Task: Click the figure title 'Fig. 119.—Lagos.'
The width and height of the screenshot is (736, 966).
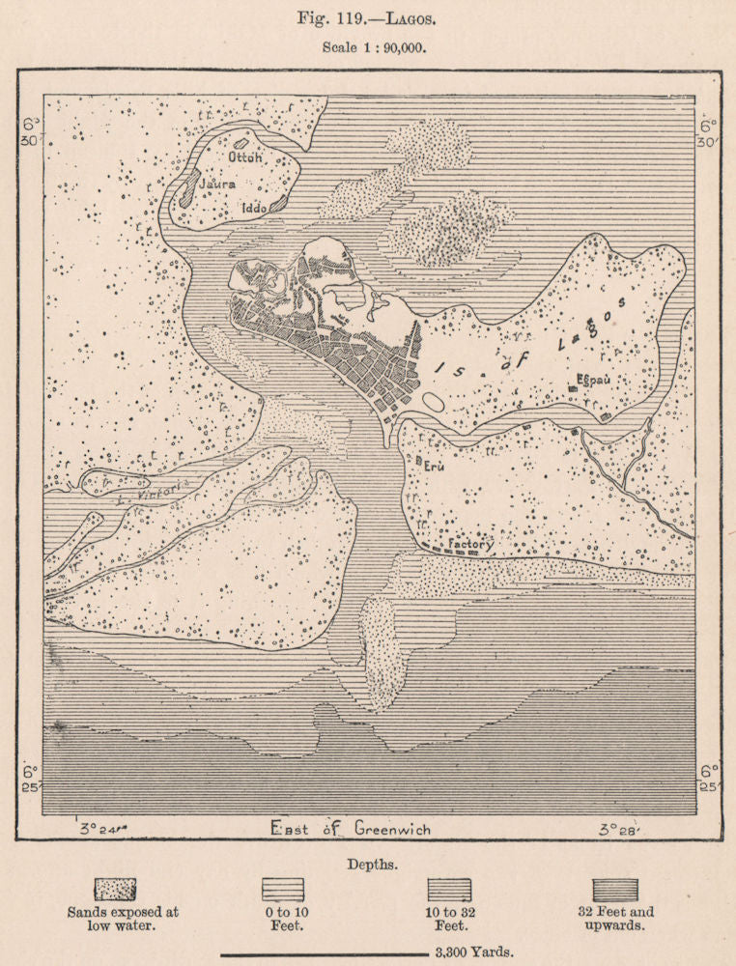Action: [x=367, y=17]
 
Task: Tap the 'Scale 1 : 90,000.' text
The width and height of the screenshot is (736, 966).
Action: [x=367, y=45]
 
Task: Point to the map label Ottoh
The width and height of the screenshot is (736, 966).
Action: [x=244, y=156]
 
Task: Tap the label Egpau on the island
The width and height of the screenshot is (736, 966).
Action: [x=595, y=379]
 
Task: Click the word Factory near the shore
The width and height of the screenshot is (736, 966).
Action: [x=471, y=545]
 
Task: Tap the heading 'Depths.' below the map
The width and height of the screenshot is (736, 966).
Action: [x=368, y=865]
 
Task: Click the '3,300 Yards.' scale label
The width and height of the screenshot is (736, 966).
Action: [x=474, y=952]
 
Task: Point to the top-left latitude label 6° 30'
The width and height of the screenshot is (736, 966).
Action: [x=32, y=131]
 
